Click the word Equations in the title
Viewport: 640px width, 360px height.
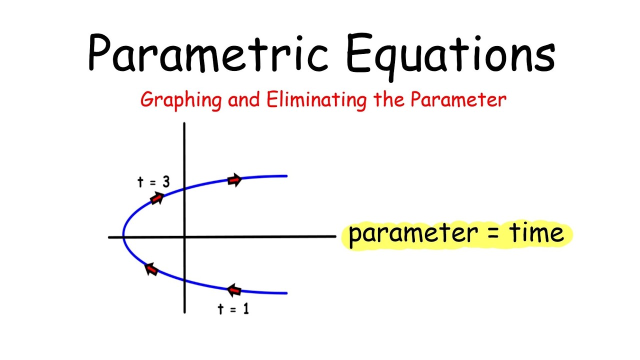pos(450,53)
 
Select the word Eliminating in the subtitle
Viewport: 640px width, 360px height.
pos(318,99)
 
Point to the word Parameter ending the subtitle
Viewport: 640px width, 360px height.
pos(458,99)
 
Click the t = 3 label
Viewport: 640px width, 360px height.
pos(153,182)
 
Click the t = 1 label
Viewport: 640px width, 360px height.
pos(233,309)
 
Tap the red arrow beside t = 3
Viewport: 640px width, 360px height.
pos(157,198)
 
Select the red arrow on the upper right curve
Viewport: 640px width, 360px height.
pos(234,180)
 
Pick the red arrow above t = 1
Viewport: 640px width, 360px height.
pos(234,289)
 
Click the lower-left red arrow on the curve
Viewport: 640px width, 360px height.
pos(151,270)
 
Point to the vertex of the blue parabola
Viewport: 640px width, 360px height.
pos(123,236)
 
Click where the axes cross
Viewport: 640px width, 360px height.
pos(185,236)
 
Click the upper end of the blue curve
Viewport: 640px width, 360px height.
pos(286,176)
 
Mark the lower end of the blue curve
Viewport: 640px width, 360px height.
pos(286,293)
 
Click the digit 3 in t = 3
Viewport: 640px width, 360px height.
pos(165,182)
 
